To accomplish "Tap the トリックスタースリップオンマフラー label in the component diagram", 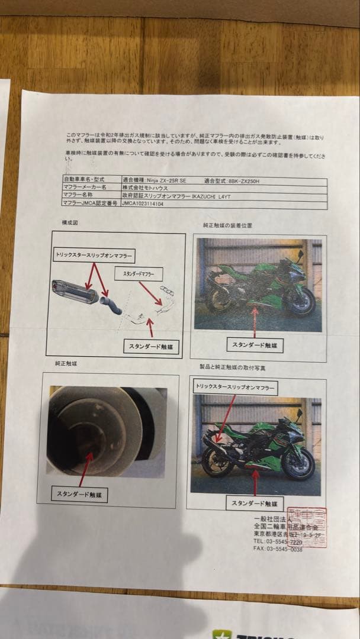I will (93, 256).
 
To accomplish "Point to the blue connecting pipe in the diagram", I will (111, 305).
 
